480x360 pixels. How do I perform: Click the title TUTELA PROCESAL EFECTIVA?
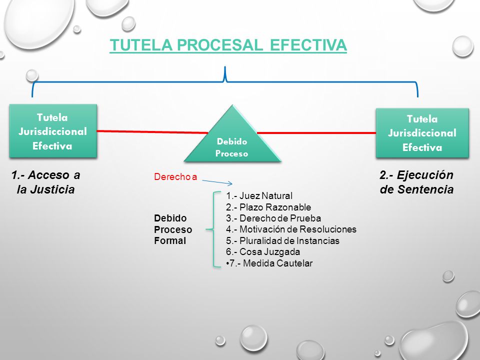[228, 45]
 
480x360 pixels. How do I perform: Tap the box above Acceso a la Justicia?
[53, 131]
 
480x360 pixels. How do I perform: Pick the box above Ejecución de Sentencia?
[422, 133]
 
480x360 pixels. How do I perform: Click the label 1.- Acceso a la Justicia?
[46, 182]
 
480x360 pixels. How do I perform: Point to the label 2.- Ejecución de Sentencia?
[416, 182]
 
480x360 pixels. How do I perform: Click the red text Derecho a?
[175, 176]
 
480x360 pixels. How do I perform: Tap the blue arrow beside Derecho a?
[217, 182]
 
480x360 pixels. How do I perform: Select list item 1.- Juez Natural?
[259, 195]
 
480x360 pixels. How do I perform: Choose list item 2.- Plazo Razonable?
[268, 207]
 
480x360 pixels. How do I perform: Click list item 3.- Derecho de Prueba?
[273, 218]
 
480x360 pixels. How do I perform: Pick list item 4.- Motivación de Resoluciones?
[291, 229]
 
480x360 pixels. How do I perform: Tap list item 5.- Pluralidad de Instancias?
[282, 240]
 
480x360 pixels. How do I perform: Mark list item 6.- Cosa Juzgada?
[263, 251]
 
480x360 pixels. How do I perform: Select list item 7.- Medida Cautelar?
[269, 263]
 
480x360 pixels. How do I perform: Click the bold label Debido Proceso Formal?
[173, 229]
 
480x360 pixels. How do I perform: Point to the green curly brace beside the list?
[213, 229]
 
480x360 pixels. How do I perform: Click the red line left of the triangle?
[152, 132]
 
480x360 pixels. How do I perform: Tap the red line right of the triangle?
[316, 133]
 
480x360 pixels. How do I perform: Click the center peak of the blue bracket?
[225, 67]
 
